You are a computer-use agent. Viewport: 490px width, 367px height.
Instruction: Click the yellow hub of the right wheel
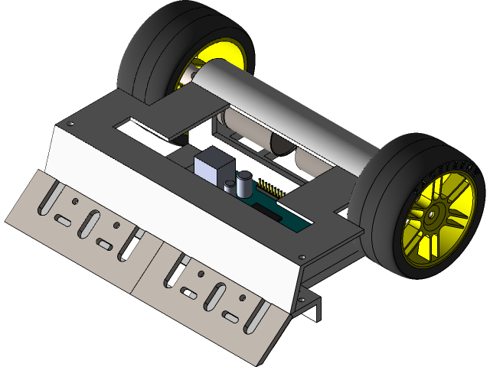(x=433, y=216)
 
